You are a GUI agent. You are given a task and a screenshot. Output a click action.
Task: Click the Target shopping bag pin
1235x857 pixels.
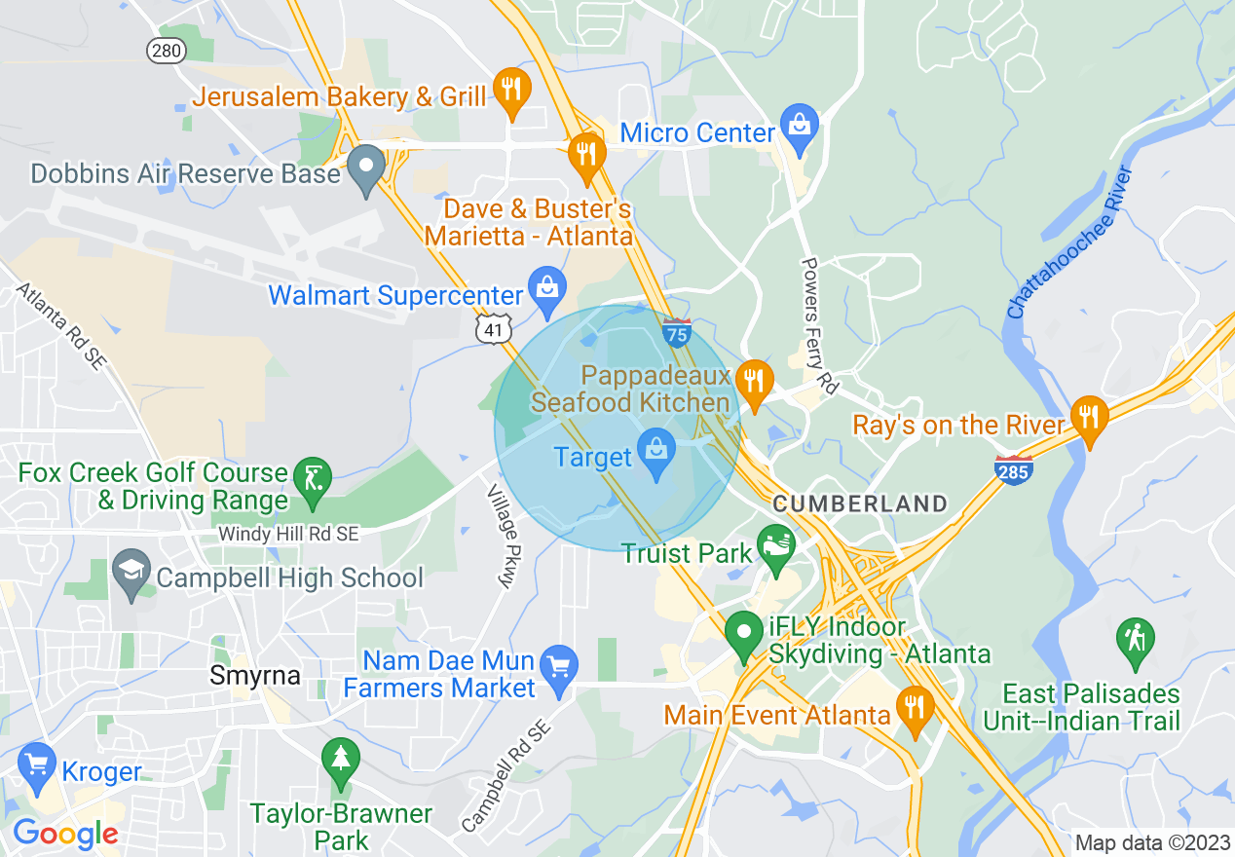[x=656, y=452]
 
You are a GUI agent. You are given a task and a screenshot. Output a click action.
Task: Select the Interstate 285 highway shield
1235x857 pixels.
[x=1014, y=470]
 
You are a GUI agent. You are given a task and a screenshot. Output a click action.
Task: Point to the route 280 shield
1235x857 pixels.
[x=167, y=51]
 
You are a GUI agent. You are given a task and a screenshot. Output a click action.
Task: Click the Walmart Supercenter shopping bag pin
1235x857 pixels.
[x=547, y=288]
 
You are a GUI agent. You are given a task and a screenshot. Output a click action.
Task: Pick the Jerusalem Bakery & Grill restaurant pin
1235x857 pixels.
[x=511, y=89]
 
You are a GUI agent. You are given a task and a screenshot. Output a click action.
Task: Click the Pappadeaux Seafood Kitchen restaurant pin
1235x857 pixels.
[x=753, y=381]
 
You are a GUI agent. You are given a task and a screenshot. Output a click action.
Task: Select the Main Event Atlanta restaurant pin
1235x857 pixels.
[x=914, y=706]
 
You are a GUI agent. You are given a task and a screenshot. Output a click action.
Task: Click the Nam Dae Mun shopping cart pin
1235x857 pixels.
[x=559, y=667]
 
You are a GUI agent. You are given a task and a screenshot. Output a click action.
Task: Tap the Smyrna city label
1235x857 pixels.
[x=255, y=675]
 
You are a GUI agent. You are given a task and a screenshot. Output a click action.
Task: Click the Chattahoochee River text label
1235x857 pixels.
[x=1071, y=243]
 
